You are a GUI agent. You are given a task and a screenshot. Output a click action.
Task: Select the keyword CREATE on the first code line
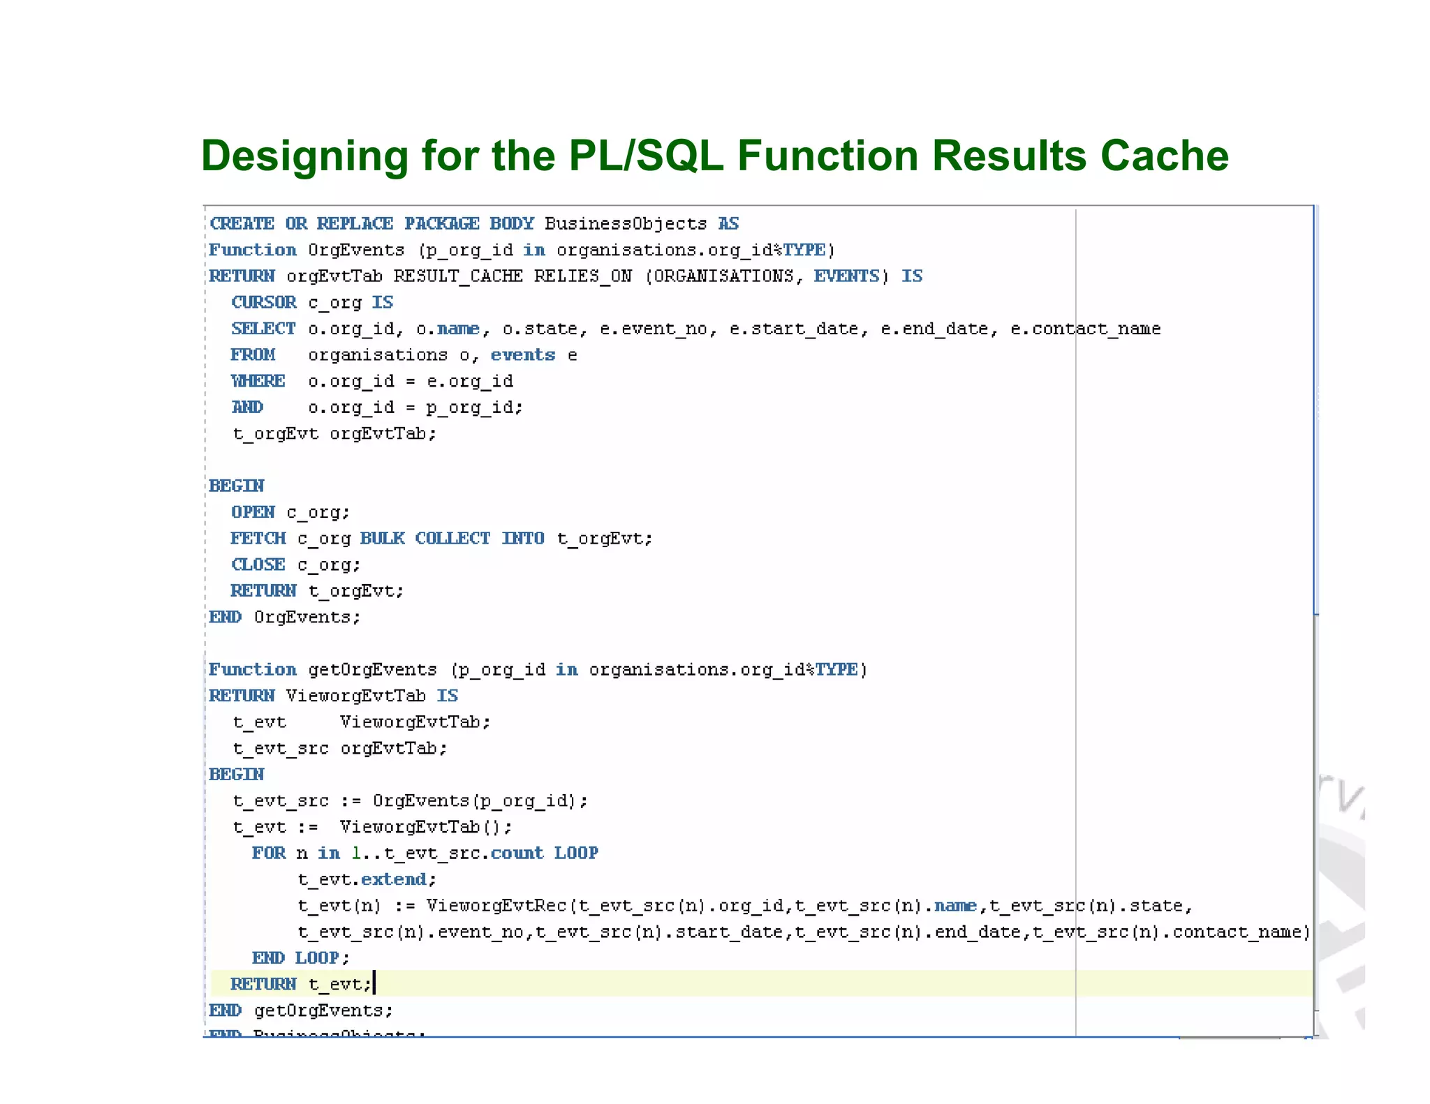coord(242,224)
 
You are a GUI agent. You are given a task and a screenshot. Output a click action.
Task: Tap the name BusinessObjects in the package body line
coord(626,224)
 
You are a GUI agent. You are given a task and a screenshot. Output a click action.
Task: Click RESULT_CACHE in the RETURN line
coord(458,276)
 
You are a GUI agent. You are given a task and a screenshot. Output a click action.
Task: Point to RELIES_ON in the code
coord(583,276)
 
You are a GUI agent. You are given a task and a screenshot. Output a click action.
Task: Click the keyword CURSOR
coord(264,303)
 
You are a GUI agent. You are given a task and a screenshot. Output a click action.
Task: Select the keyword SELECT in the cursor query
coord(263,329)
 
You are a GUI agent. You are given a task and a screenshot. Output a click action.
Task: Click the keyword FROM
coord(253,355)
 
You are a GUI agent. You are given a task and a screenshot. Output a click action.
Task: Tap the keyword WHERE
coord(258,381)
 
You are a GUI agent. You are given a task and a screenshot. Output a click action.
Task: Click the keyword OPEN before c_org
coord(253,512)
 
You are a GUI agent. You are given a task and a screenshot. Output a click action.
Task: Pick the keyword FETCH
coord(258,539)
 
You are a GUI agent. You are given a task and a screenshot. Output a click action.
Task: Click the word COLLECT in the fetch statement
coord(452,539)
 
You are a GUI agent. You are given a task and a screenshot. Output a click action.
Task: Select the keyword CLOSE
coord(258,565)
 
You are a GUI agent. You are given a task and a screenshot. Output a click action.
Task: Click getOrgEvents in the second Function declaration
coord(372,670)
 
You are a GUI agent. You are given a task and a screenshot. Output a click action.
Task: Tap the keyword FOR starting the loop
coord(269,853)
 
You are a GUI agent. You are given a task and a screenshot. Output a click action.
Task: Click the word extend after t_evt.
coord(394,879)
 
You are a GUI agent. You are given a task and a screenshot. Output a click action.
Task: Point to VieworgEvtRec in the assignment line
coord(496,906)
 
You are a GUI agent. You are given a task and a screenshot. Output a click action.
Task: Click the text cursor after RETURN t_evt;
coord(375,983)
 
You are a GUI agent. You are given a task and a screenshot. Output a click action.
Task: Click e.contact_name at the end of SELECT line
coord(1085,329)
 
